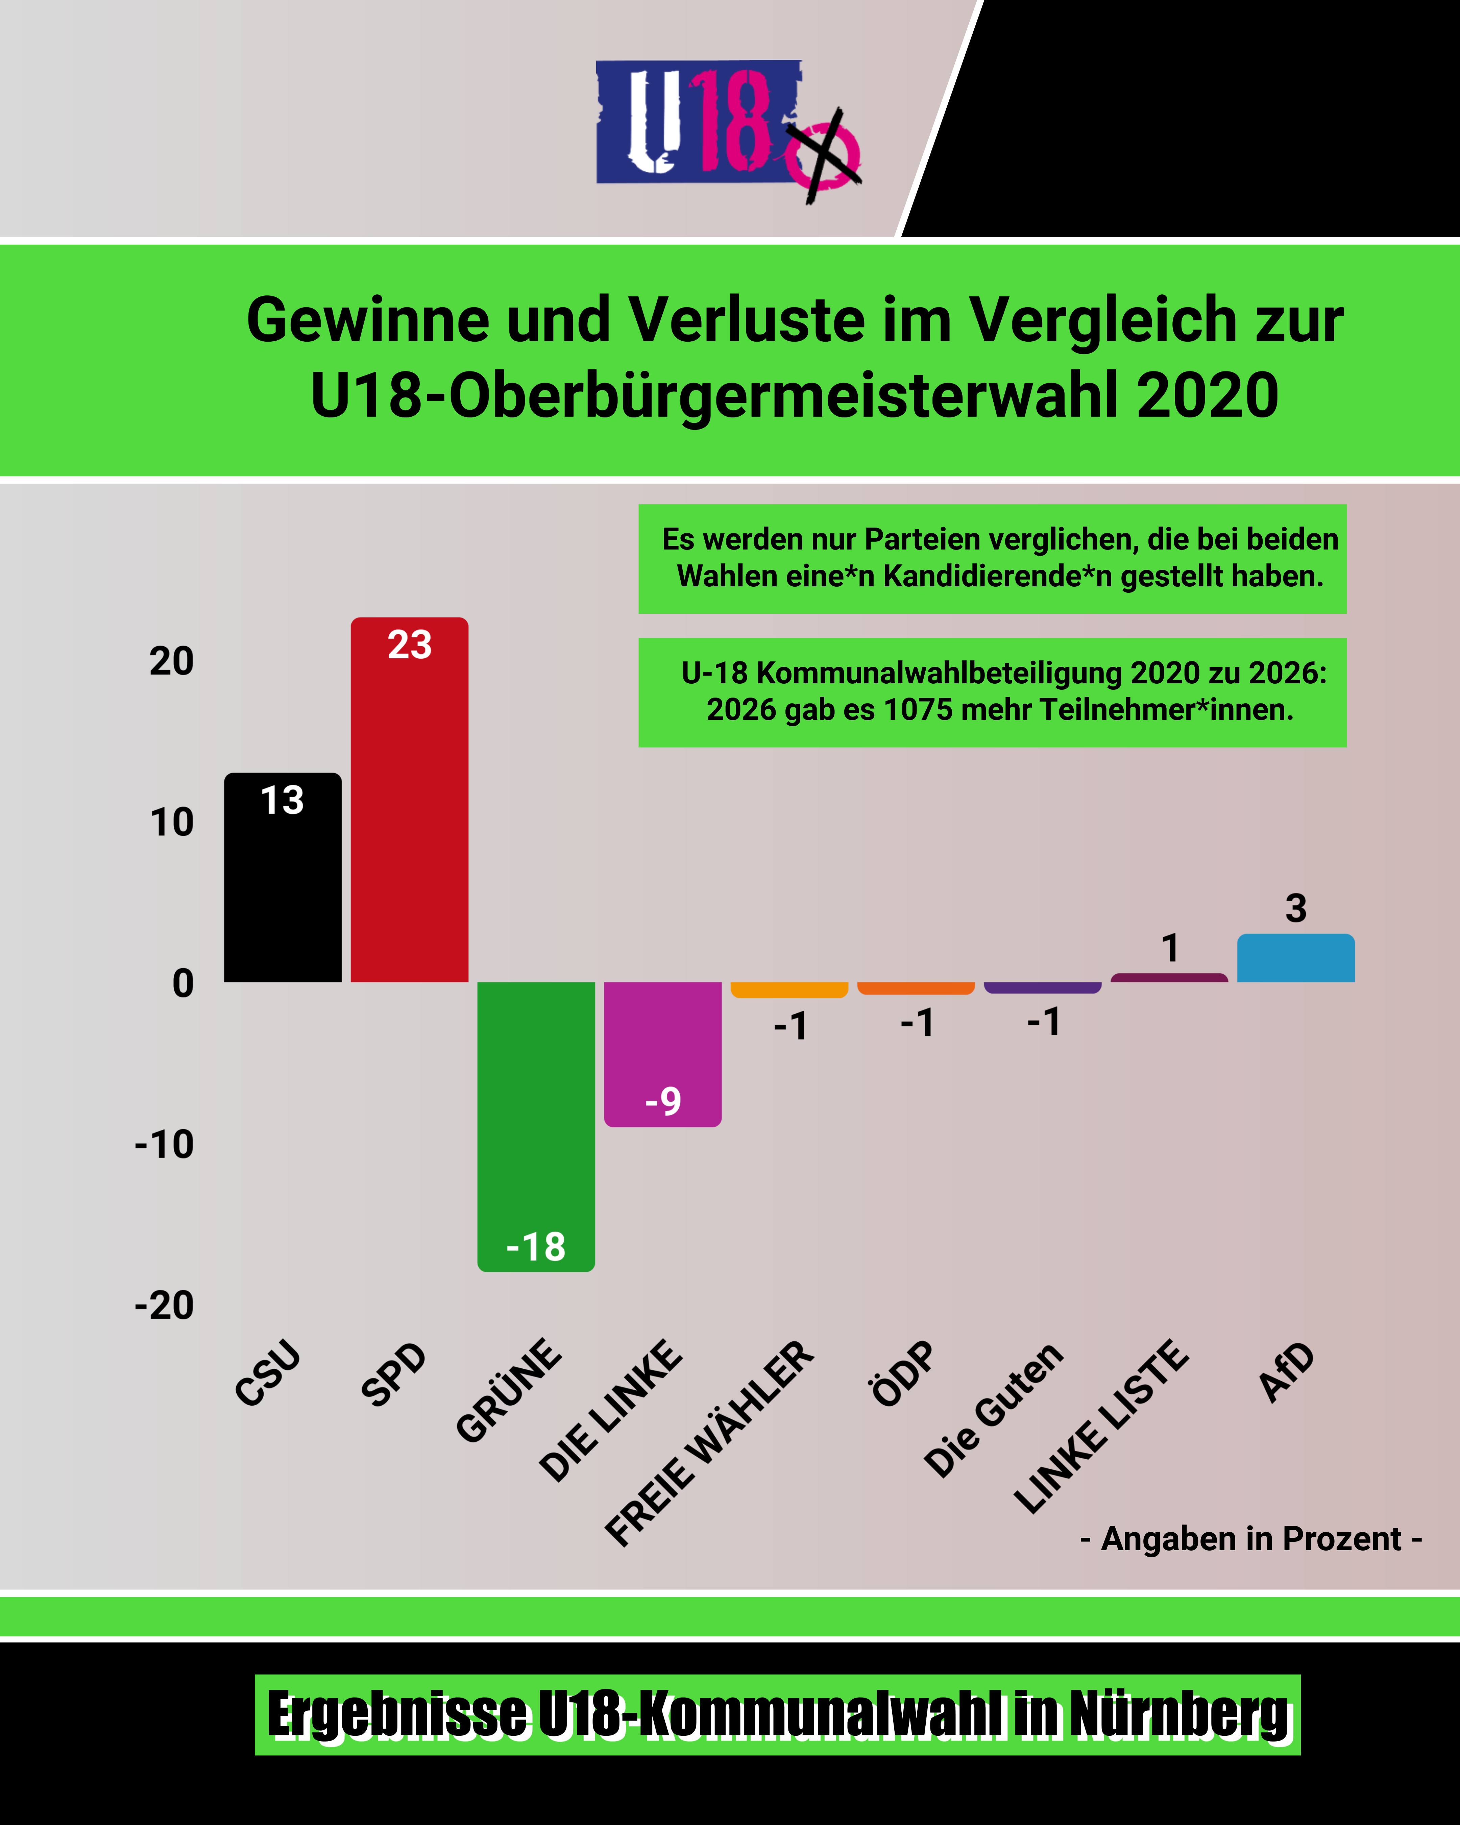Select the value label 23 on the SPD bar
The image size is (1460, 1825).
tap(410, 645)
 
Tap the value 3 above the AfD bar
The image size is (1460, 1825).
tap(1296, 908)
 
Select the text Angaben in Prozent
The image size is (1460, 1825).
tap(1251, 1539)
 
